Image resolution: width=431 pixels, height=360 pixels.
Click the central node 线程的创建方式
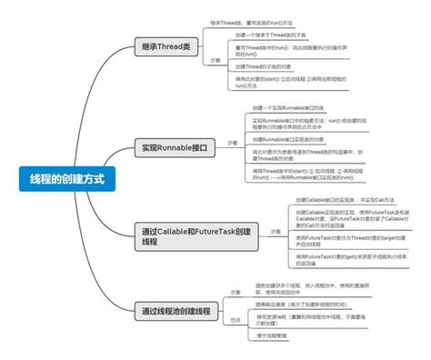tap(61, 180)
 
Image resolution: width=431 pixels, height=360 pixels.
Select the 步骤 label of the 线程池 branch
tap(235, 292)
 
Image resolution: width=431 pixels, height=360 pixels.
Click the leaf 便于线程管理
tap(272, 336)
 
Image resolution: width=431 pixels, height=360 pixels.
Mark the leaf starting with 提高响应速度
tap(305, 305)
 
